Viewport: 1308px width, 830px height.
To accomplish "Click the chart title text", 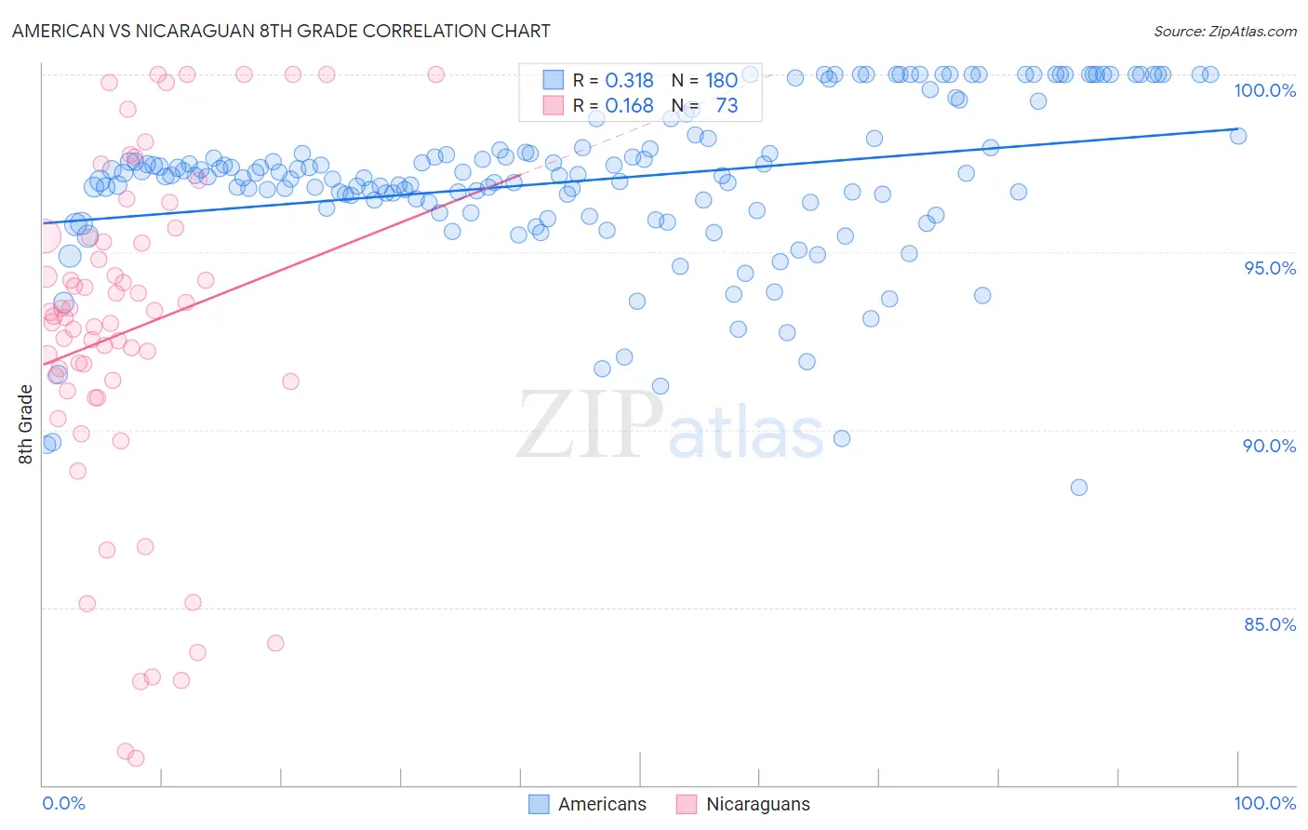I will click(281, 31).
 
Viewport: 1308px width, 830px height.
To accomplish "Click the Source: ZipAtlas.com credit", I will click(1224, 31).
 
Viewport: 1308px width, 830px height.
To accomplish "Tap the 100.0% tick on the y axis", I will click(1264, 90).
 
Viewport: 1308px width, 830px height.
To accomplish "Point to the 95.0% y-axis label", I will click(1270, 268).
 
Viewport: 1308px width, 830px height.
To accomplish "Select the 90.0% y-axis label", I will click(1269, 446).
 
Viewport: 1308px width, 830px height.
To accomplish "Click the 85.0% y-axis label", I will click(1270, 624).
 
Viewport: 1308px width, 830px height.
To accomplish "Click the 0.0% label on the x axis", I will click(63, 803).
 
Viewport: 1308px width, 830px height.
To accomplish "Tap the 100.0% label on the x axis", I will click(1264, 803).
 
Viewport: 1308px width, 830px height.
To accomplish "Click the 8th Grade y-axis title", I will click(26, 423).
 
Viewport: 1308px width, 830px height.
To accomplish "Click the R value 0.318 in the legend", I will click(629, 81).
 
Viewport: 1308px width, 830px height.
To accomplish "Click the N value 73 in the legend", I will click(727, 106).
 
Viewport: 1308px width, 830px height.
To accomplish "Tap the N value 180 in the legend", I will click(721, 81).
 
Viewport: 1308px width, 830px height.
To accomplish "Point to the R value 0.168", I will click(629, 106).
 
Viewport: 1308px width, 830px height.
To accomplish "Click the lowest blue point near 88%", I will click(1078, 488).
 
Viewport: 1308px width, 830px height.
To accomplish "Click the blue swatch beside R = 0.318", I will click(554, 81).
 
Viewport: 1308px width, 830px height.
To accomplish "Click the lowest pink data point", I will click(136, 758).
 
